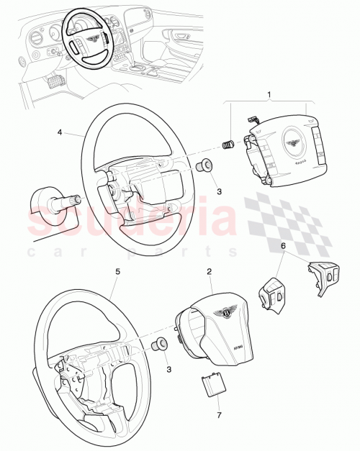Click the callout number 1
[270, 95]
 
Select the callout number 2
[209, 272]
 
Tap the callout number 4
[60, 132]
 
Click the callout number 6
[283, 245]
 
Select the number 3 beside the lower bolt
[168, 369]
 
